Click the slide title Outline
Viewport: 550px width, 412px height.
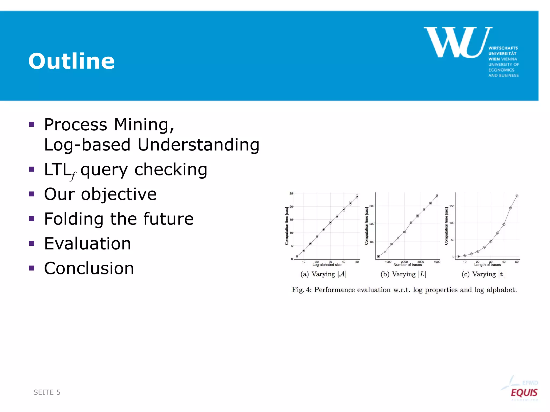coord(71,61)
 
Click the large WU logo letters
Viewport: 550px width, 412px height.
coord(458,42)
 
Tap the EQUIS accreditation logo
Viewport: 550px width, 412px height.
coord(524,392)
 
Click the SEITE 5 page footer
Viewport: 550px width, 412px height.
coord(47,392)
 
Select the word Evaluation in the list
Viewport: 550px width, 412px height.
coord(88,244)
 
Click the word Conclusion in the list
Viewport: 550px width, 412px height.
coord(89,268)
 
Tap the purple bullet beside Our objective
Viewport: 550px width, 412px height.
coord(32,194)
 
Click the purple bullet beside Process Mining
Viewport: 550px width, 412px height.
coord(32,124)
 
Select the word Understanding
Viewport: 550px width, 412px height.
coord(198,145)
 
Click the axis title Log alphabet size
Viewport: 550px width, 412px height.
coord(327,265)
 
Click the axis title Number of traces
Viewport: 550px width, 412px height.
coord(407,265)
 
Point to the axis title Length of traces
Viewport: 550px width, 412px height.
coord(487,265)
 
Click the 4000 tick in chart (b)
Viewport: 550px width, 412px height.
coord(437,262)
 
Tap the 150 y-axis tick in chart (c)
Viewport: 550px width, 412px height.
coord(452,206)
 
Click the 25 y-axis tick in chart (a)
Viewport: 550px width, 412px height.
coord(291,193)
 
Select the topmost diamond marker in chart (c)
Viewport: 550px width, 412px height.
coord(517,196)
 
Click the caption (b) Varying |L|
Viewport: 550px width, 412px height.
coord(403,274)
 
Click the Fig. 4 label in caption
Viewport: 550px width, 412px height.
coord(301,290)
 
